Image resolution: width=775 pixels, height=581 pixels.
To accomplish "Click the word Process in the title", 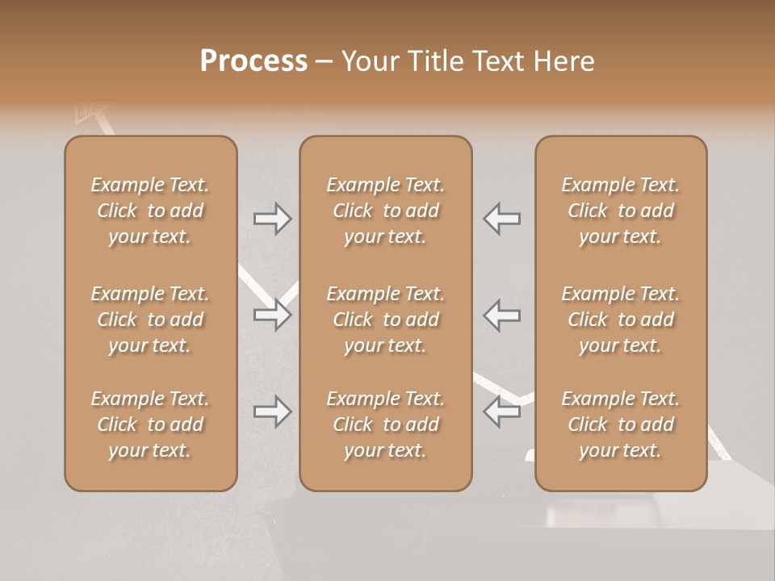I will click(x=253, y=61).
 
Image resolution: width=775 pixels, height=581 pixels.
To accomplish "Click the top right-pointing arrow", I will click(x=273, y=218).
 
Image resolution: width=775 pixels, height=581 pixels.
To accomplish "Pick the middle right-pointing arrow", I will click(x=273, y=315).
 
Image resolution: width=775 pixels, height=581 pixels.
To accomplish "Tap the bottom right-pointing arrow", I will click(x=273, y=412).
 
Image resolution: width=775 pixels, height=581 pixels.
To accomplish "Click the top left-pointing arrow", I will click(x=502, y=218).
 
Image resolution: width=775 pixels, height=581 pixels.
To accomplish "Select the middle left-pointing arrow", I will click(x=502, y=315).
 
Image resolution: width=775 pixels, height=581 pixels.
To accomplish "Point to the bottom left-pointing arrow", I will click(x=502, y=412).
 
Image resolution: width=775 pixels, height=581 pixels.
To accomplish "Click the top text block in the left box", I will click(x=150, y=211).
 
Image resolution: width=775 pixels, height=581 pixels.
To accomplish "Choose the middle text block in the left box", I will click(x=150, y=320).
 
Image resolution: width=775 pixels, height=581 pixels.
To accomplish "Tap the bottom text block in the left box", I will click(x=150, y=424).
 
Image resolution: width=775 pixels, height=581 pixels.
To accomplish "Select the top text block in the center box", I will click(x=386, y=211).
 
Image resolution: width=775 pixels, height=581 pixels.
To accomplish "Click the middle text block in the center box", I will click(x=386, y=320).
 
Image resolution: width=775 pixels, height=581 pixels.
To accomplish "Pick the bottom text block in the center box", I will click(x=386, y=424).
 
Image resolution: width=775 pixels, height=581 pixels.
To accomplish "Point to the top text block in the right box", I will click(x=621, y=211).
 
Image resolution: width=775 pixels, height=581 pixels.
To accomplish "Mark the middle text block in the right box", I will click(x=621, y=320).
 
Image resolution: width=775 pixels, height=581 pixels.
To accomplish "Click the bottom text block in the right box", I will click(x=621, y=424).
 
